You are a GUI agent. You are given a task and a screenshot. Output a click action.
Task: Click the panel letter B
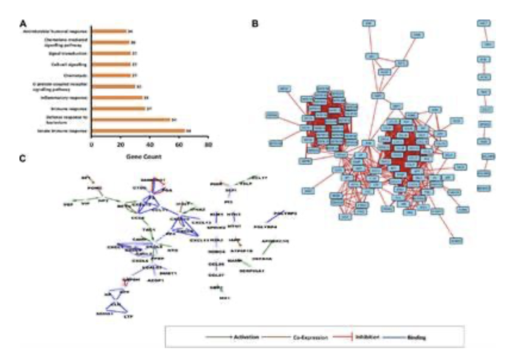255,24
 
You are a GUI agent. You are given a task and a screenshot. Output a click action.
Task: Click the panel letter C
24,158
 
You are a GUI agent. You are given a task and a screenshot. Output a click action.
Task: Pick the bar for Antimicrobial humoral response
109,31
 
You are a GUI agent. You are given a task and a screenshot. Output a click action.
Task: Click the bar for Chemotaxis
111,76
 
